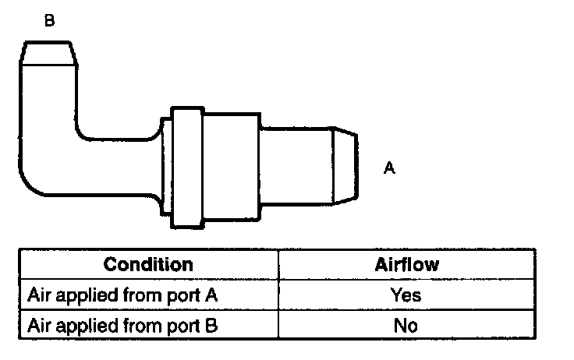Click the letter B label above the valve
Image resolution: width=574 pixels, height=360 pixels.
coord(49,21)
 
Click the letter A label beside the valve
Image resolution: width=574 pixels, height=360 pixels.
coord(389,168)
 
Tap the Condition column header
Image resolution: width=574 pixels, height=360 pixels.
coord(147,264)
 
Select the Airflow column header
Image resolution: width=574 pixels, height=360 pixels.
coord(406,264)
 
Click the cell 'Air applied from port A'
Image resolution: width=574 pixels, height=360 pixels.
coord(121,295)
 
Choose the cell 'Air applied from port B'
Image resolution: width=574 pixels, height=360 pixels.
coord(121,325)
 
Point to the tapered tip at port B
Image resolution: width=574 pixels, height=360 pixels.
coord(49,52)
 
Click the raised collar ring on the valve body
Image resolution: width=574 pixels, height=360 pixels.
coord(187,168)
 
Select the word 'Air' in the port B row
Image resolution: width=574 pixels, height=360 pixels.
coord(38,325)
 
